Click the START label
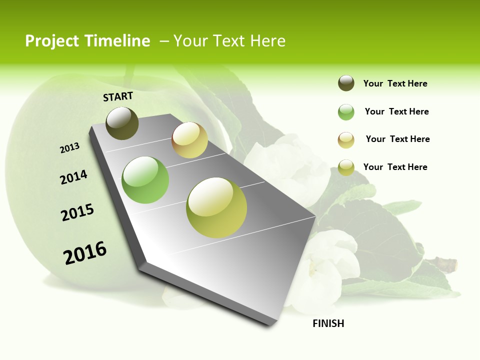[118, 96]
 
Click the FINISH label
[328, 323]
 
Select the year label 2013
[69, 147]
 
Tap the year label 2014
[73, 177]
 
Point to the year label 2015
[77, 212]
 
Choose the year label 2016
[85, 253]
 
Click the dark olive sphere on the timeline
[122, 123]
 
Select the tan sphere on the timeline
[189, 140]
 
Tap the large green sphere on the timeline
[145, 180]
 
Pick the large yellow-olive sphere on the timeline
[216, 207]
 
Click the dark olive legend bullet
[346, 83]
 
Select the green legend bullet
[346, 112]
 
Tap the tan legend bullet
[346, 140]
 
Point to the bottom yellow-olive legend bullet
[346, 167]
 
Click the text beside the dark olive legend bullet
[395, 83]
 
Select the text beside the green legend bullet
[396, 111]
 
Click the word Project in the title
[52, 41]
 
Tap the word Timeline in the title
[117, 41]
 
